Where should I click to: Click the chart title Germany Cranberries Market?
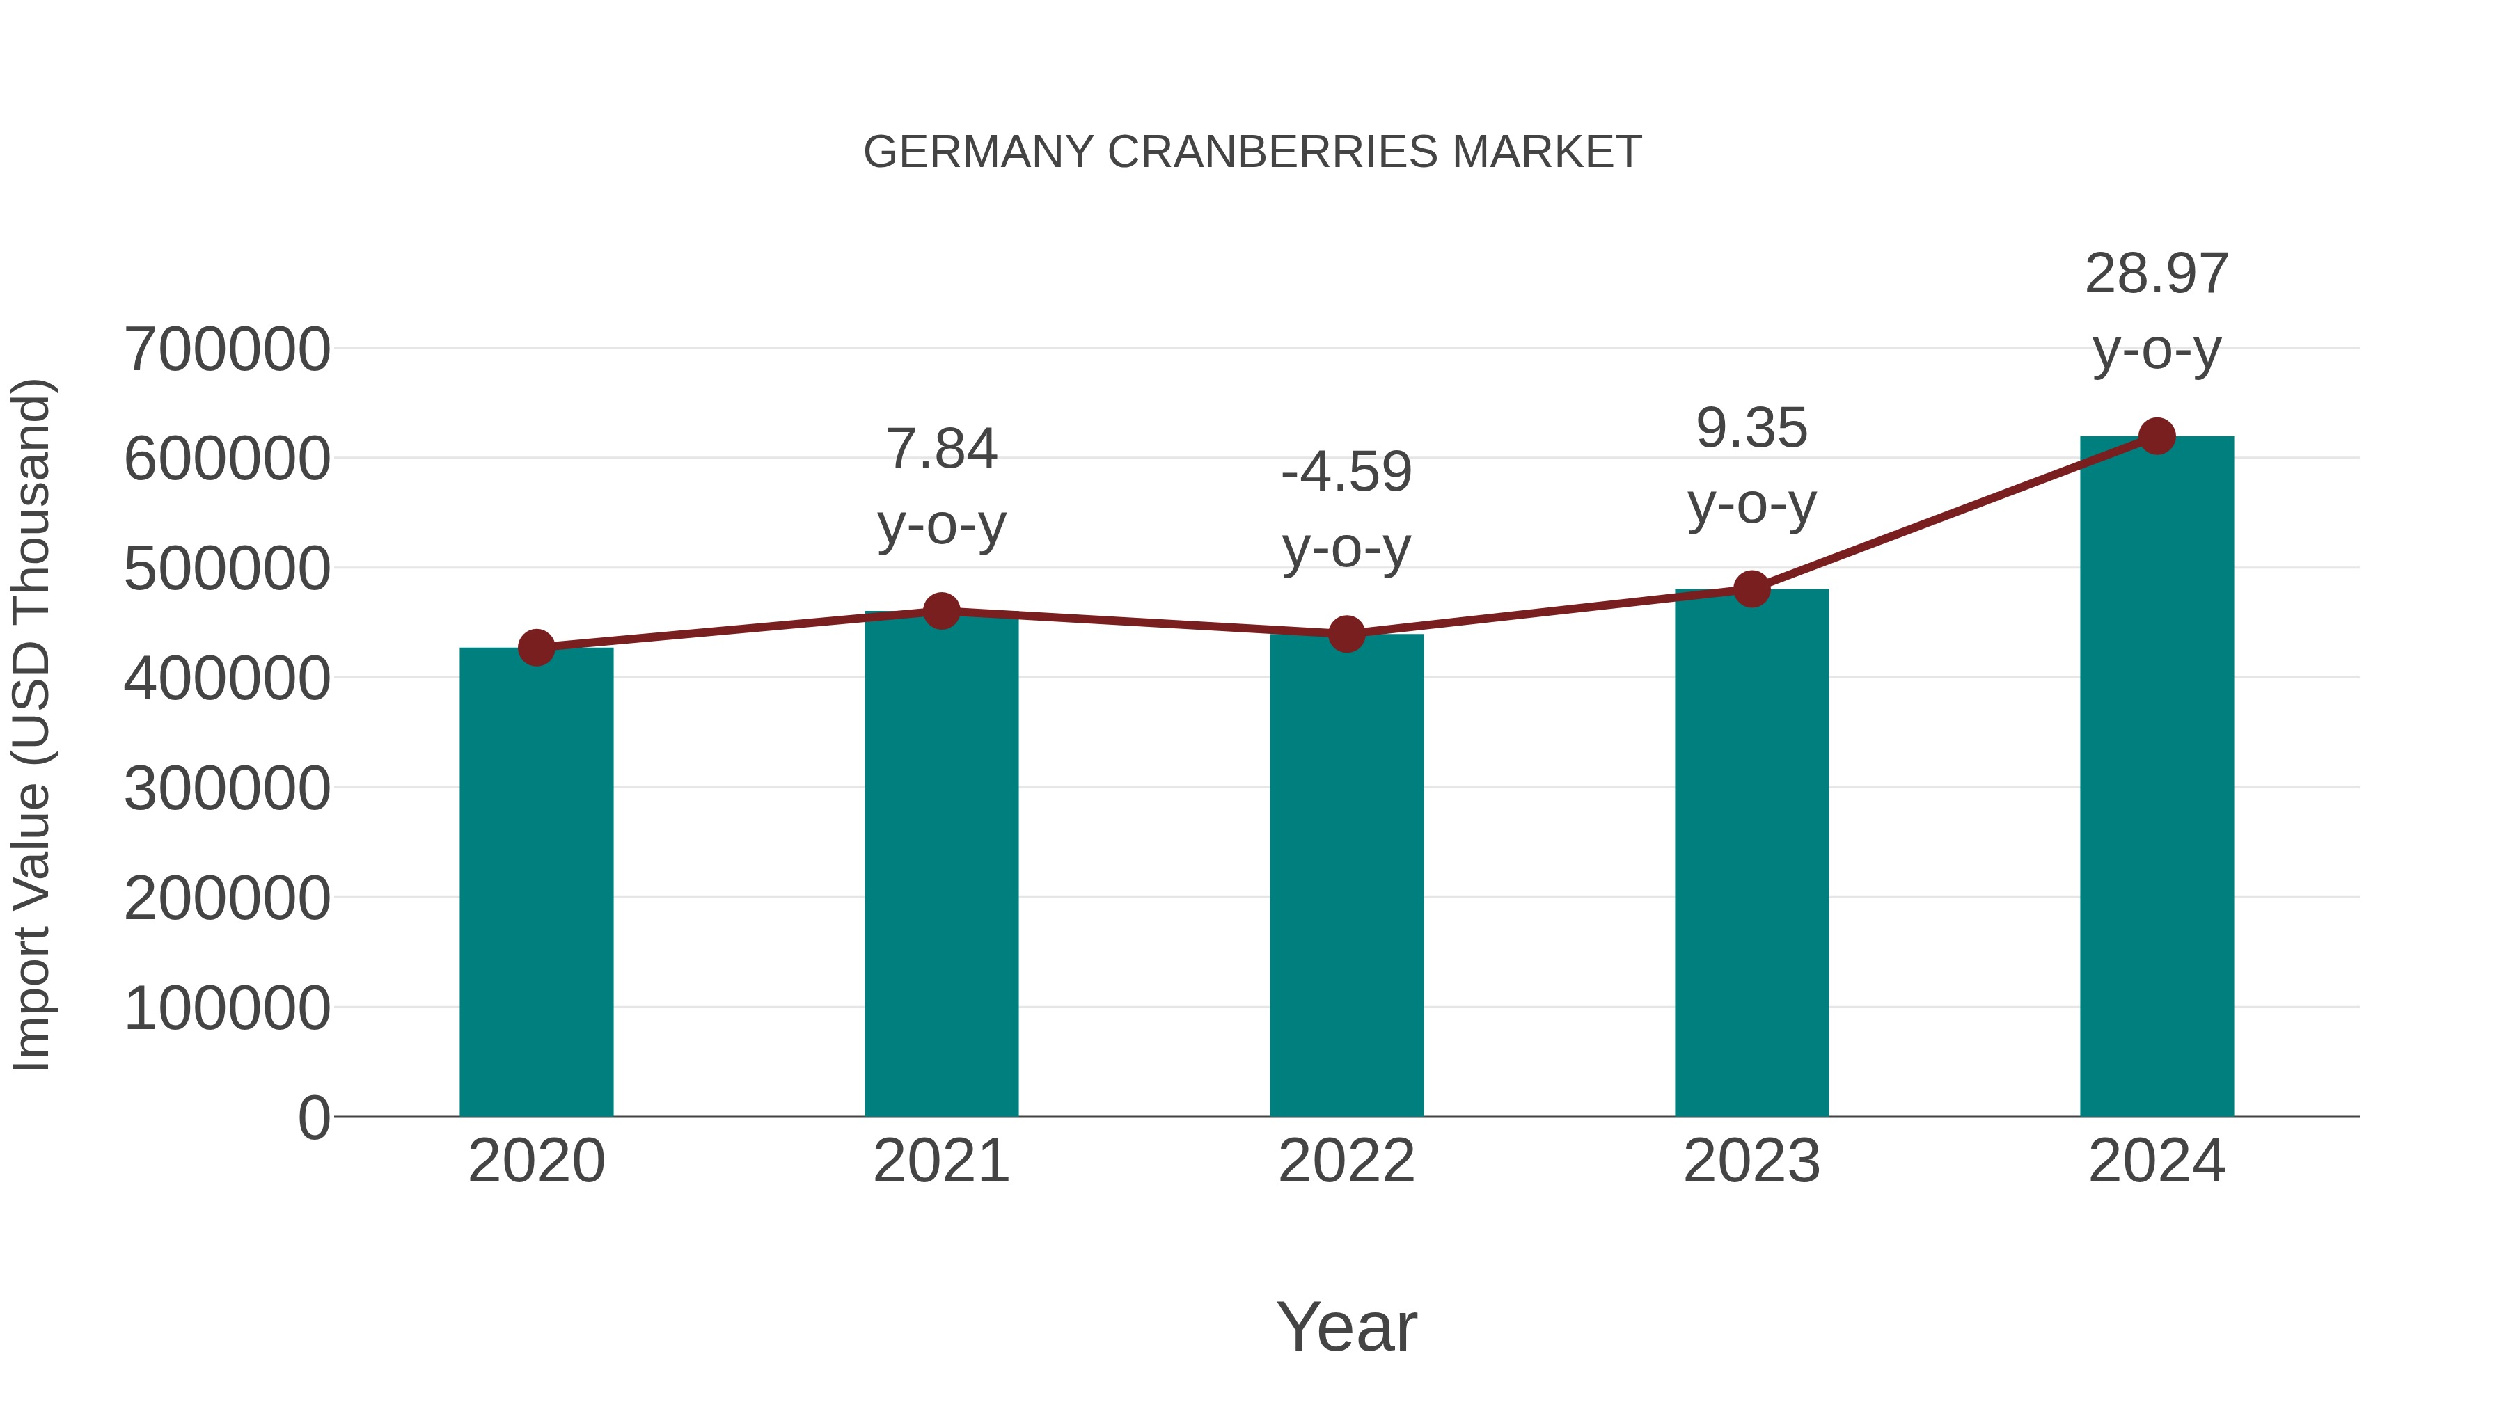[1252, 152]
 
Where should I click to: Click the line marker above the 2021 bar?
[942, 612]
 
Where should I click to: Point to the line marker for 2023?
[1751, 589]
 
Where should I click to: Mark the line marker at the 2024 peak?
[2157, 436]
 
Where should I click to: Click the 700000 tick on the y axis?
[228, 350]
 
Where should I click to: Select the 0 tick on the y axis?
[314, 1118]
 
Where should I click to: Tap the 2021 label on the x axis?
[942, 1161]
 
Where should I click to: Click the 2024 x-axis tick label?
[2157, 1161]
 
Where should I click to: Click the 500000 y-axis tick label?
[228, 569]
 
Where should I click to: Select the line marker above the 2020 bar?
[536, 648]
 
